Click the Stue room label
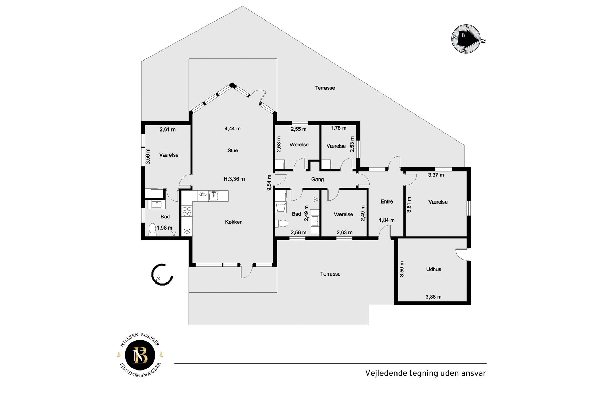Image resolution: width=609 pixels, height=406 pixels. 233,150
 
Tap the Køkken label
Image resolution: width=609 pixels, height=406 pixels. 234,222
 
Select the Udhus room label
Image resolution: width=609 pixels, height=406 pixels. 434,269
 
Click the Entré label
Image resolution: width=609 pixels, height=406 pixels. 387,201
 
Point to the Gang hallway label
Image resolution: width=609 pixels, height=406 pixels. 318,180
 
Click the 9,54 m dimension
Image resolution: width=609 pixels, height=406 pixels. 269,183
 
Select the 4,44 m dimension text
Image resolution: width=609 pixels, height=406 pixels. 233,129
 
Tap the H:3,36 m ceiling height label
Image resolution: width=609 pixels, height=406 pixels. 234,179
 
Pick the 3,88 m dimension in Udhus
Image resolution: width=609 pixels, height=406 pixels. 434,297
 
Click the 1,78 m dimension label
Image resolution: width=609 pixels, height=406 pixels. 339,128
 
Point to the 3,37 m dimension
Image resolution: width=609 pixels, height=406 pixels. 436,175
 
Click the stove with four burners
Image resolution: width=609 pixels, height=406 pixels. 187,211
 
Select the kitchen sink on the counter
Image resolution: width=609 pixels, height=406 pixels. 214,196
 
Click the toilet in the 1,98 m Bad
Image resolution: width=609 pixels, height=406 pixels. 152,229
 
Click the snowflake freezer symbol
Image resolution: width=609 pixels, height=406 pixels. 187,230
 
